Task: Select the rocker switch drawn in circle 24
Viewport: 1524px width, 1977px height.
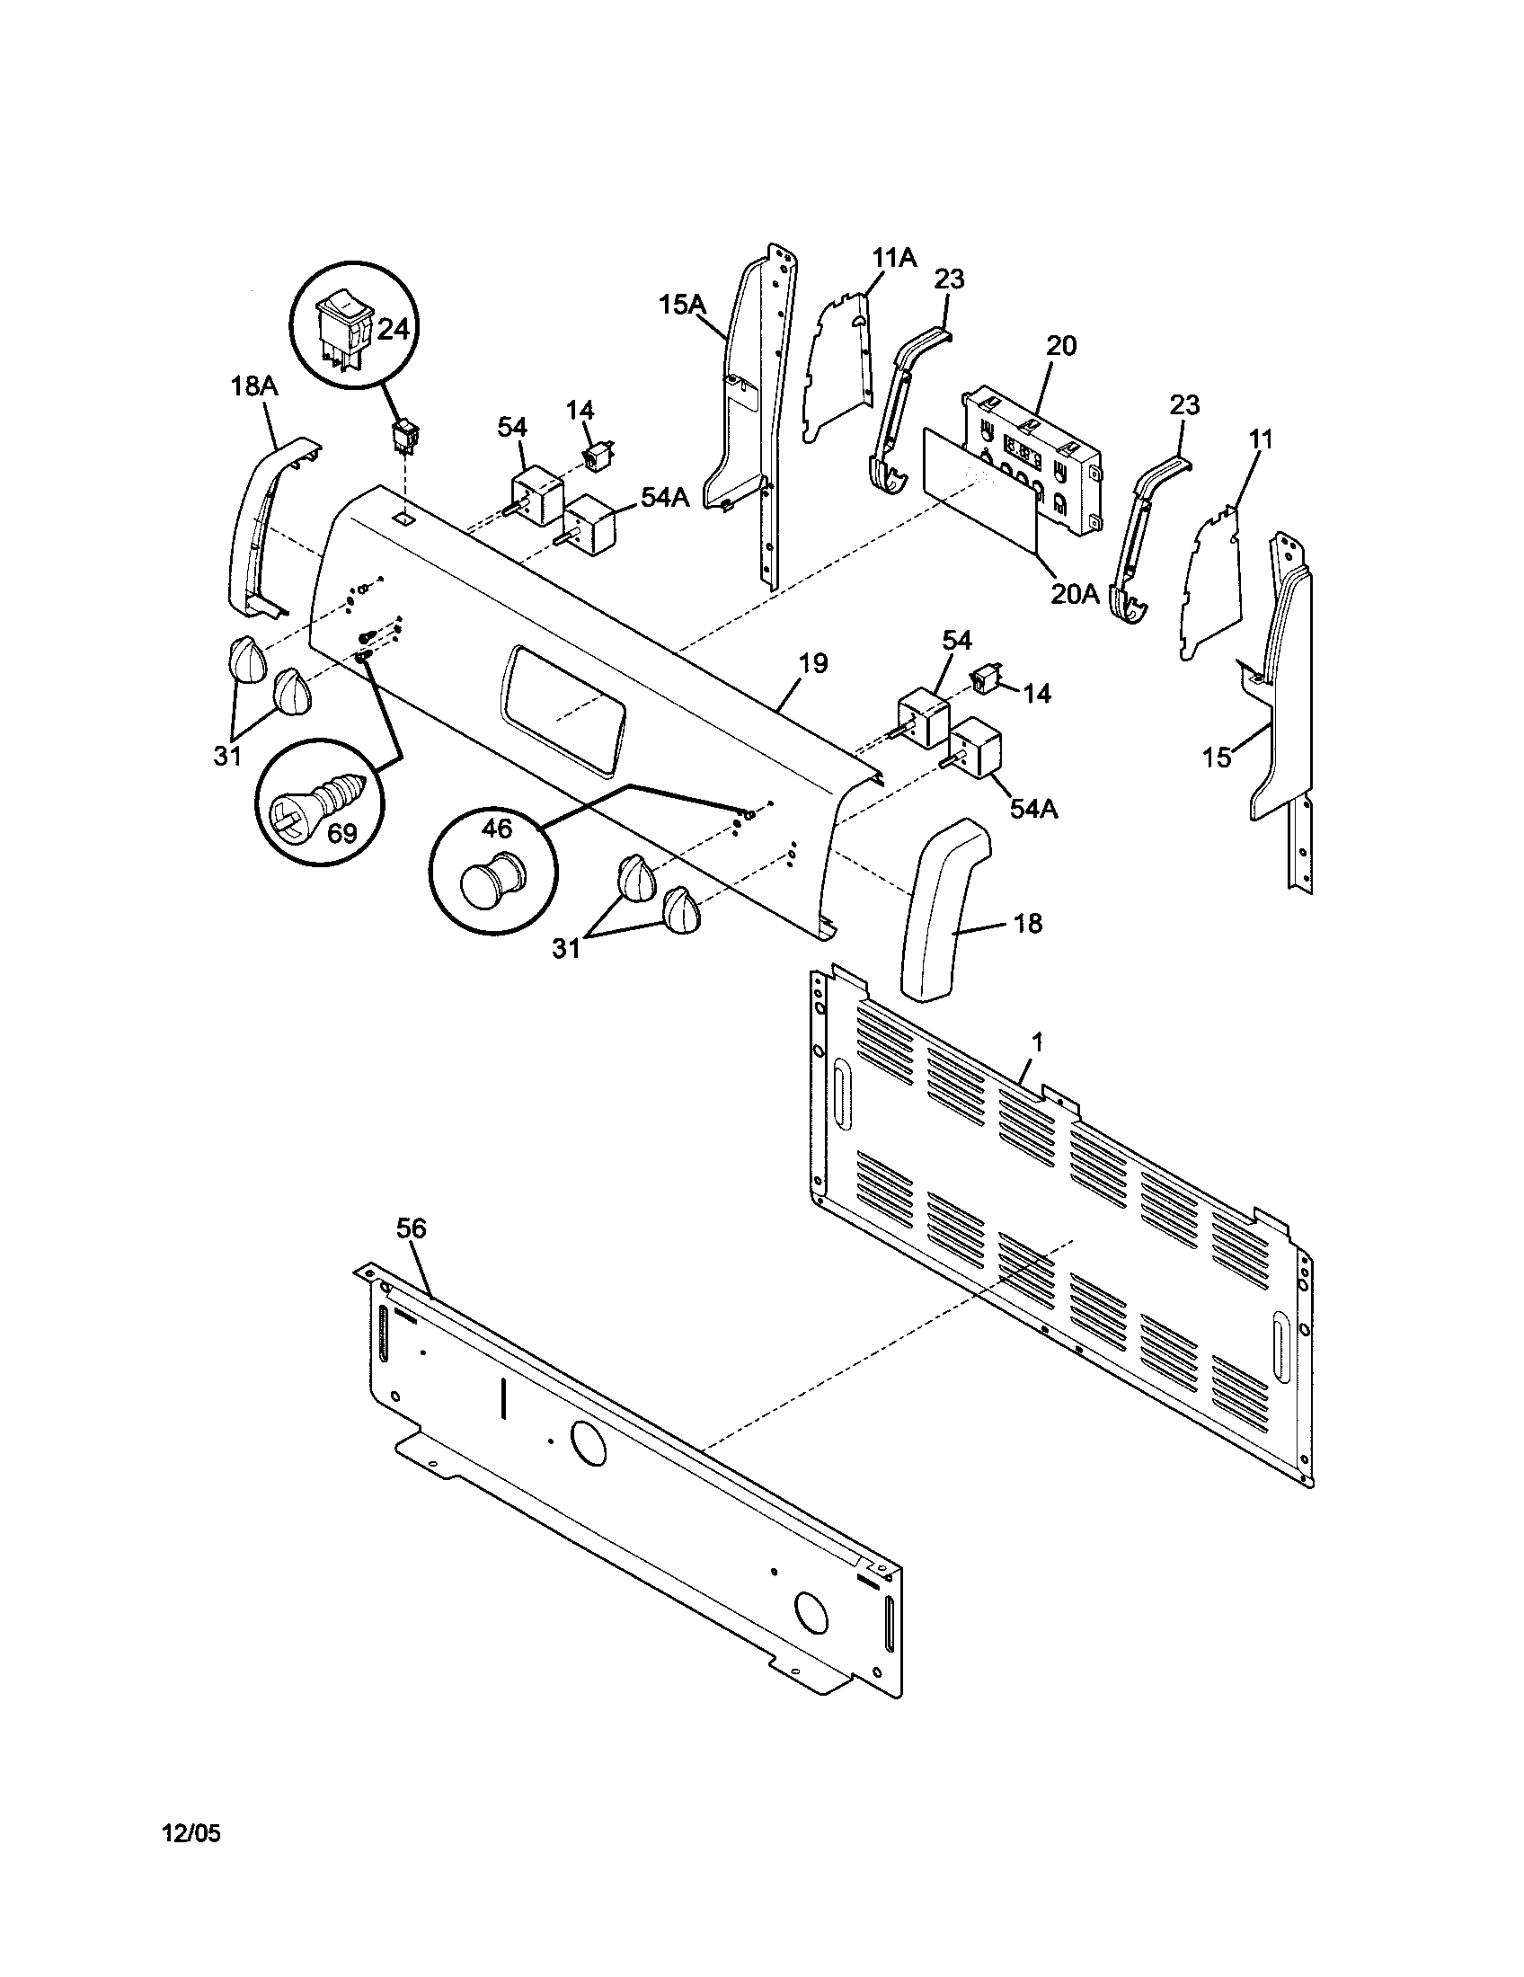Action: (343, 330)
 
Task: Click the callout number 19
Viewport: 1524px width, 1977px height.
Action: (812, 663)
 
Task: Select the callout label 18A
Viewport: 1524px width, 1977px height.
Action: (254, 386)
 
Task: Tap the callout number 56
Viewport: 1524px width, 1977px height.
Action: (411, 1228)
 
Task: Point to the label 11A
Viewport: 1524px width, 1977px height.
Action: (894, 258)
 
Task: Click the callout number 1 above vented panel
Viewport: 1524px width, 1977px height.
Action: (1037, 1042)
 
